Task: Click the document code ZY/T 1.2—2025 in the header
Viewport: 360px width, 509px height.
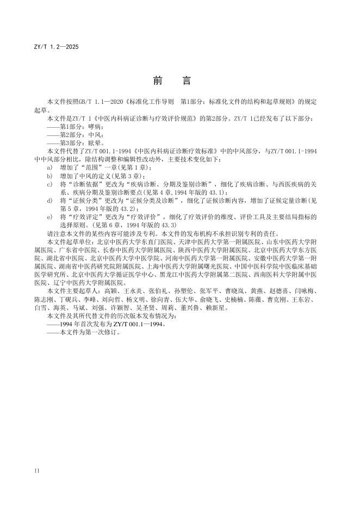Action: pos(56,47)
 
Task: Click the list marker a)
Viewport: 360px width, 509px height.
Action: pos(50,167)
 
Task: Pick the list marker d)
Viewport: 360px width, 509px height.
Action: pos(50,200)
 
